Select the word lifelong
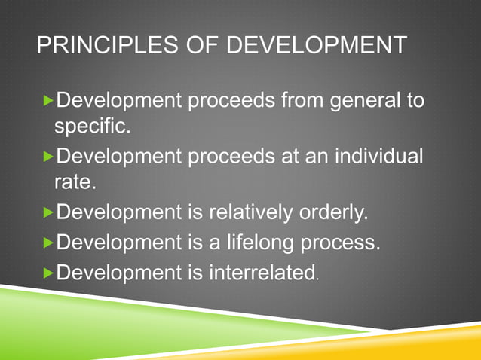[249, 243]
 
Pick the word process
[339, 243]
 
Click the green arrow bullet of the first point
[49, 100]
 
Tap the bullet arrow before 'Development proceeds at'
[49, 157]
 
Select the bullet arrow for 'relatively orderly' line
[49, 215]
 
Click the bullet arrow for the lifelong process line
[49, 243]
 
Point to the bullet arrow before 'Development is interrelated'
[49, 272]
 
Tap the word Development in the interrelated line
[119, 271]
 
